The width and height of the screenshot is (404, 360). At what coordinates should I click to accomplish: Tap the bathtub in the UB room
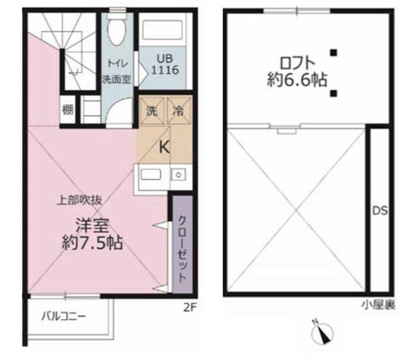pos(163,30)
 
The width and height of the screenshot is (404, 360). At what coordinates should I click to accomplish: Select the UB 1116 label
pos(165,64)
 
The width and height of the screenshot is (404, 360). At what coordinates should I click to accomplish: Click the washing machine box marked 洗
pos(152,111)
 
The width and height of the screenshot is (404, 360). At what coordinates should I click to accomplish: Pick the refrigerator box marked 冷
pos(179,111)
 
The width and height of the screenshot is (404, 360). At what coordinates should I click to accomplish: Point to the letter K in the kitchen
pos(164,147)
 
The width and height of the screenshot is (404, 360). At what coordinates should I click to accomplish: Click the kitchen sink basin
pos(151,175)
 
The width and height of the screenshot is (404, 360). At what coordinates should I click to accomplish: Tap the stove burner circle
pos(178,175)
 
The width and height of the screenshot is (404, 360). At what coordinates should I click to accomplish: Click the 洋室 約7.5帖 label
pos(92,234)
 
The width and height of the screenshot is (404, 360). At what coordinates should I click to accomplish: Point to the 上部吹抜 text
pos(80,200)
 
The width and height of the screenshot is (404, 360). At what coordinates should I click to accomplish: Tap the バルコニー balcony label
pos(64,316)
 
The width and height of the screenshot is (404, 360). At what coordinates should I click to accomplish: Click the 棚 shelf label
pos(68,110)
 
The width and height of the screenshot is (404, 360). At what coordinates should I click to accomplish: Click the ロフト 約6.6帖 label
pos(297,71)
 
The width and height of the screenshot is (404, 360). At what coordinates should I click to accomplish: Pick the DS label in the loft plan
pos(380,211)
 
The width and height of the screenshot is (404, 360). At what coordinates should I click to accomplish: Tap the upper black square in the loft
pos(334,53)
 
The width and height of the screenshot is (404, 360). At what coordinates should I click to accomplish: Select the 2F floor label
pos(190,307)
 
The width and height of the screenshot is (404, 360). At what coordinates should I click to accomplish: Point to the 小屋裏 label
pos(379,305)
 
